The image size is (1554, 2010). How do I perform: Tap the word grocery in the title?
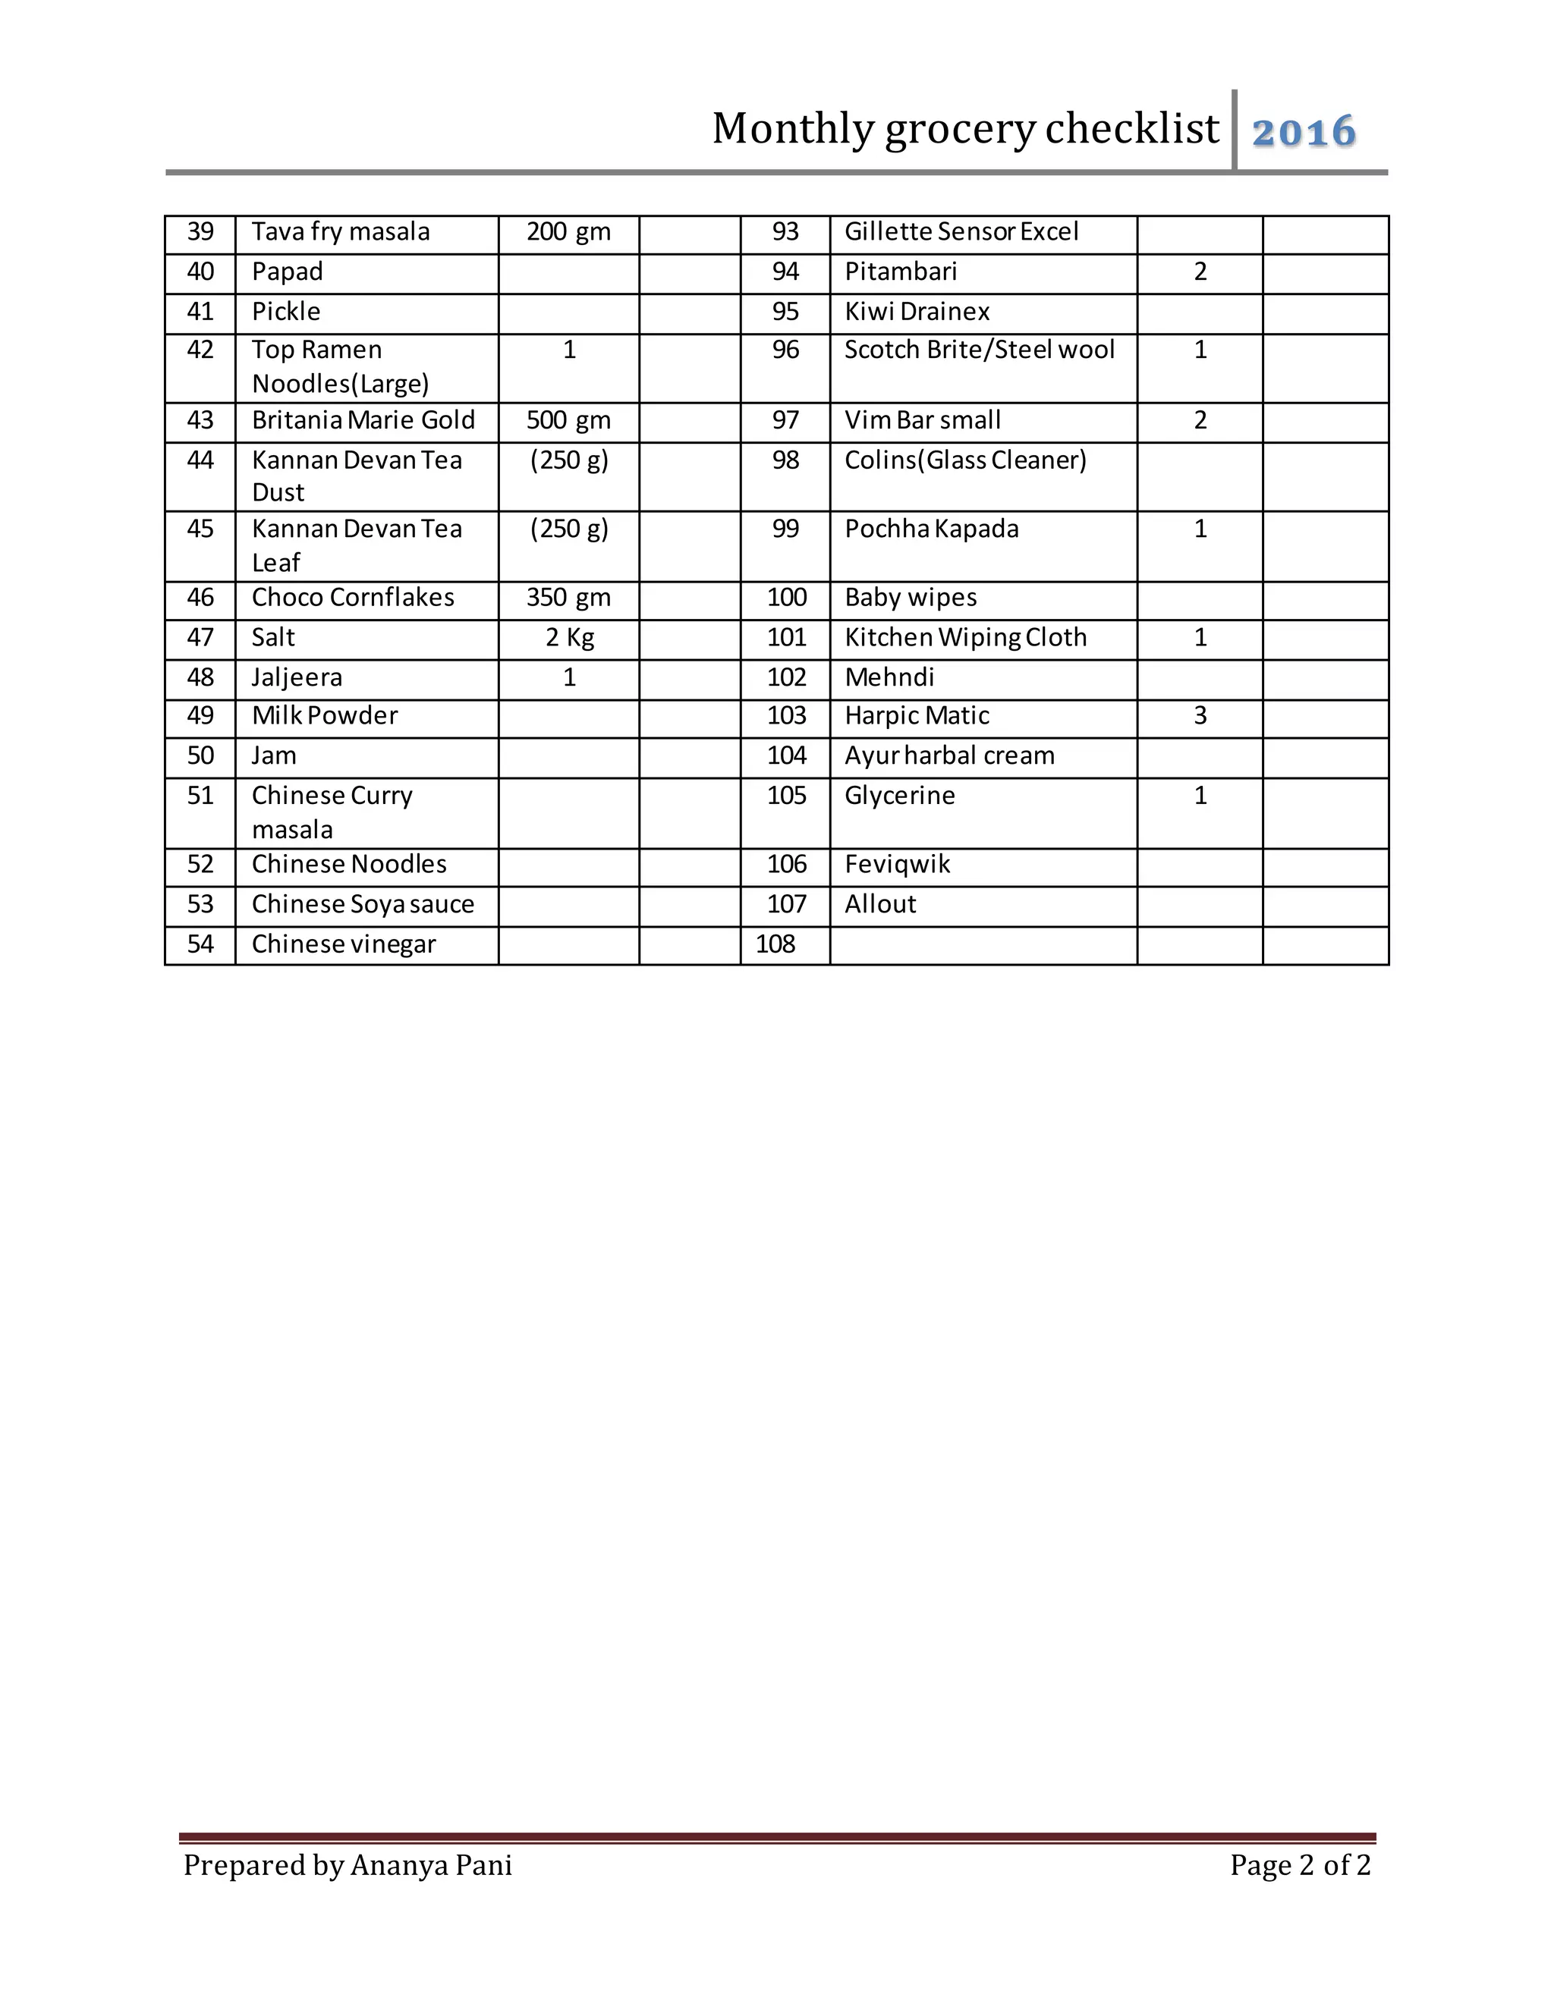(960, 130)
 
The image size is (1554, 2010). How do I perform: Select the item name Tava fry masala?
(341, 232)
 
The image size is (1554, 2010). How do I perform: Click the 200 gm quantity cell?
(568, 232)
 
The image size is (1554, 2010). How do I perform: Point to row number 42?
(200, 350)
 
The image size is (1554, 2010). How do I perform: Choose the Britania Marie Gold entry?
(363, 421)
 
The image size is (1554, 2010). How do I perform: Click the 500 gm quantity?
(568, 421)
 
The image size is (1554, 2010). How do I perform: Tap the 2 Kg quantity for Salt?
(569, 638)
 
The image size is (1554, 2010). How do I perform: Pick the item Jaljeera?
(297, 678)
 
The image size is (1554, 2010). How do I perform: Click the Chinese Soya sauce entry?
(363, 905)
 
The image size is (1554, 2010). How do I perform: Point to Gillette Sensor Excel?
(961, 232)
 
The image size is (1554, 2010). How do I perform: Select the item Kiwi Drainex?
(917, 312)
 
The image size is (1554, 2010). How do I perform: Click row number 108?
(775, 944)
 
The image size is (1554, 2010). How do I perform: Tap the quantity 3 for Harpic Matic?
(1200, 716)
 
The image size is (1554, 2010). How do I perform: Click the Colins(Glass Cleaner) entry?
(965, 460)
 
